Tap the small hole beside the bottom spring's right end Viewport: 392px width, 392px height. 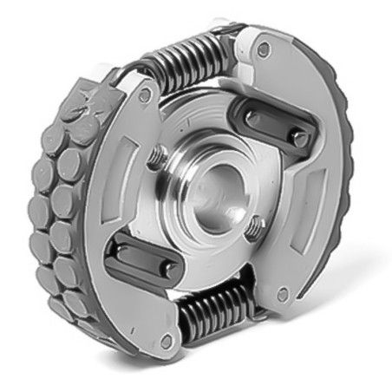(x=283, y=295)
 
